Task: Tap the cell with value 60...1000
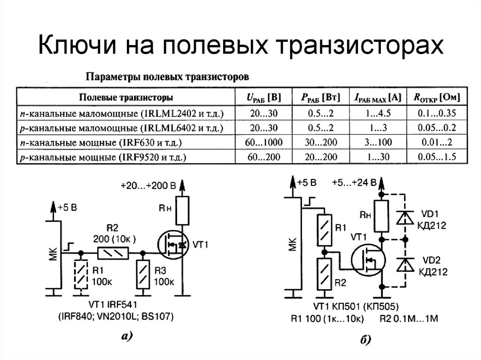[264, 142]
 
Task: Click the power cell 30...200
[317, 142]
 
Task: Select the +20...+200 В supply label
[147, 186]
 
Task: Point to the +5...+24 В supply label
[353, 183]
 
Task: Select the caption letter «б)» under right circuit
[366, 340]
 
